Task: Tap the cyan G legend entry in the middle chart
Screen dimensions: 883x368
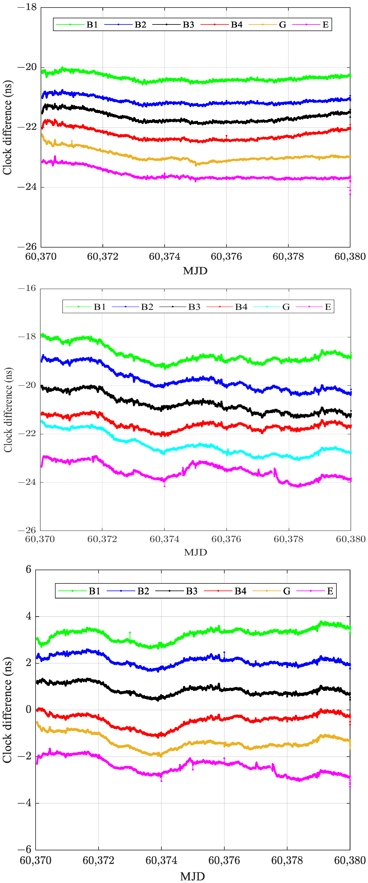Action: (286, 307)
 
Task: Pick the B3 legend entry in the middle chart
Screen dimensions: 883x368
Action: (194, 307)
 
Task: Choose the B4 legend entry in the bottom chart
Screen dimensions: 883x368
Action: (240, 591)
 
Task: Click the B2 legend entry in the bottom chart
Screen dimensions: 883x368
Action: (143, 591)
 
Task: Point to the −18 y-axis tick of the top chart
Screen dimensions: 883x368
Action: (27, 7)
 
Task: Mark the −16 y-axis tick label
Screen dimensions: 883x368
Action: (27, 288)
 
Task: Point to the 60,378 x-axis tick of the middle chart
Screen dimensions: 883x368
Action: (288, 539)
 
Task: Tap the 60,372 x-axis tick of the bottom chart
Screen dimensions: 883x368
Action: (98, 860)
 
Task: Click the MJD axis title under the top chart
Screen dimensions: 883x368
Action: (195, 271)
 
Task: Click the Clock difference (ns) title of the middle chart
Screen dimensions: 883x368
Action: (8, 410)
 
